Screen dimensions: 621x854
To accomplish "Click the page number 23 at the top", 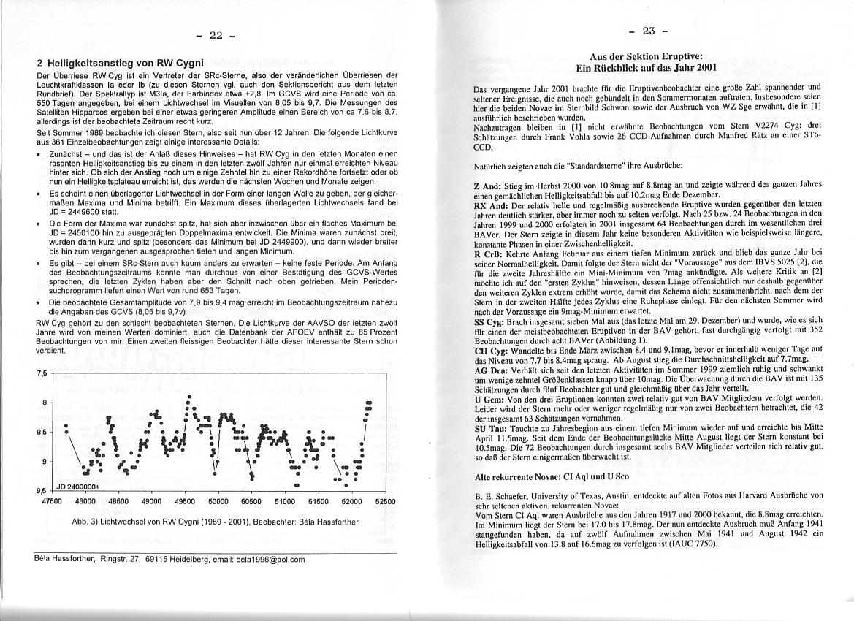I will tap(649, 31).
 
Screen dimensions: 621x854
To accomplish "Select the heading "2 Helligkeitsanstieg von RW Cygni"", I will tap(114, 64).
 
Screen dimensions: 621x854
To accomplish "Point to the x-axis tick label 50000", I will tap(219, 502).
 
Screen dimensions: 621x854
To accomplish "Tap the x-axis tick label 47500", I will tap(53, 502).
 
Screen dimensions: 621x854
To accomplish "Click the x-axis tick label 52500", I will tap(385, 502).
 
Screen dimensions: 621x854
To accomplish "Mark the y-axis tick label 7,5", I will tap(43, 373).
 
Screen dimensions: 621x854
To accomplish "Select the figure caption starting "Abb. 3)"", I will tap(215, 522).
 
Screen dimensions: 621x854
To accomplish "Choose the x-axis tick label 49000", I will tap(152, 502).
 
